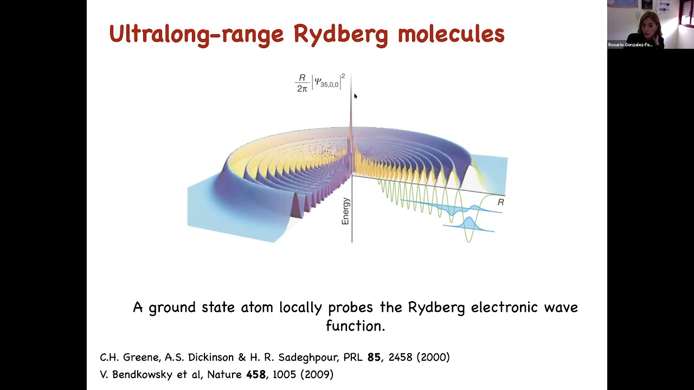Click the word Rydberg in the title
[340, 35]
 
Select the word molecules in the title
[451, 35]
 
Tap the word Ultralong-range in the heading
[196, 35]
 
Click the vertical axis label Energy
[346, 211]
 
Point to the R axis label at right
[500, 202]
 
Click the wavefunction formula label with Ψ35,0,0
[320, 82]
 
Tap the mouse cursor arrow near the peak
[356, 96]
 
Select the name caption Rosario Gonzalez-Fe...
[630, 45]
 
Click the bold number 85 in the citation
[374, 357]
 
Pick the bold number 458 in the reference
[256, 375]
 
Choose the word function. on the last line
[355, 326]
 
